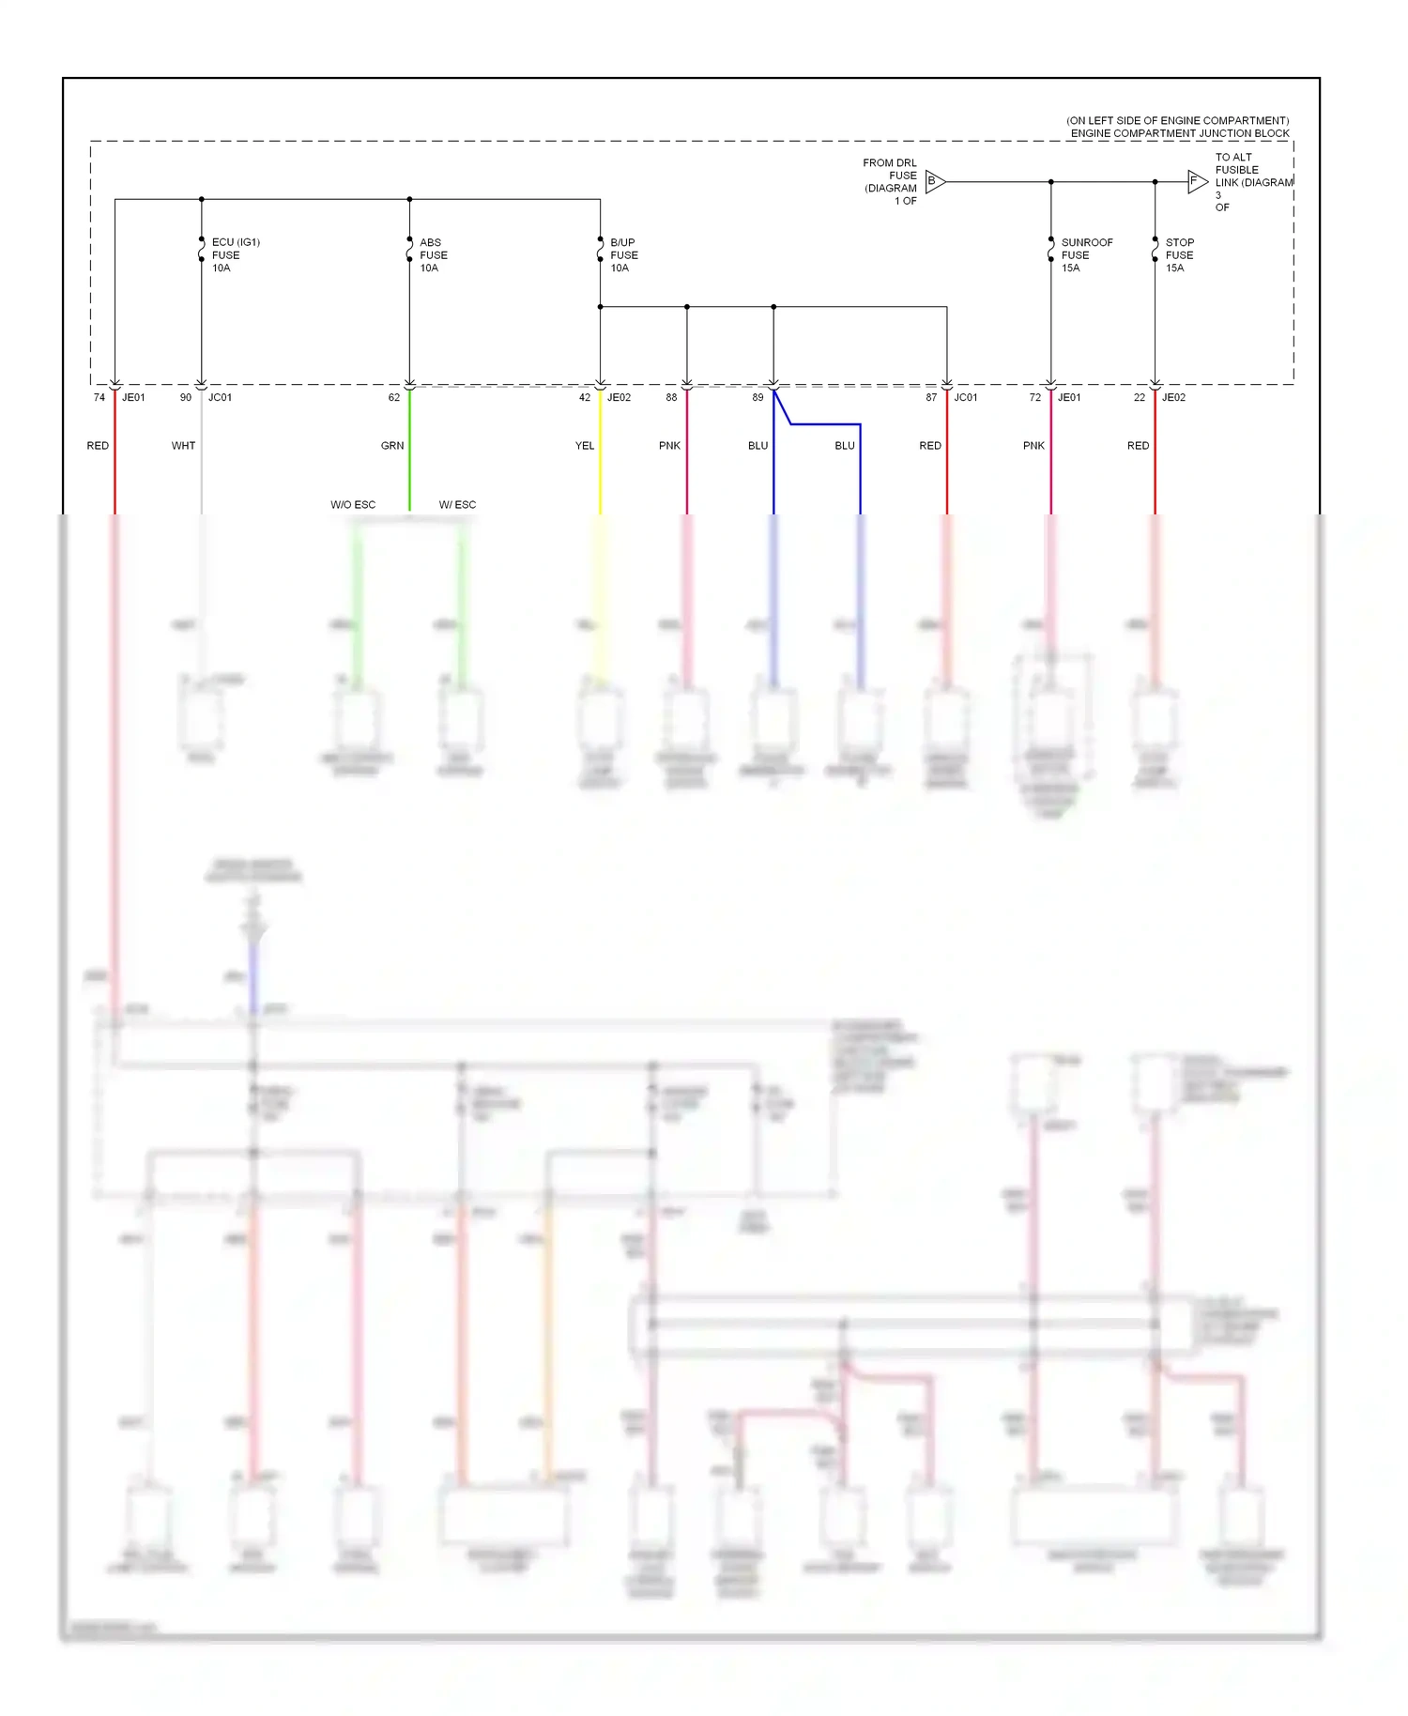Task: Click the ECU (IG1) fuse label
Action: pyautogui.click(x=235, y=254)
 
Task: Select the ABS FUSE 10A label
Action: pyautogui.click(x=433, y=254)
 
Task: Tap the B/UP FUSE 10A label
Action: pyautogui.click(x=623, y=254)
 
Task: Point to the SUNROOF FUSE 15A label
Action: pyautogui.click(x=1086, y=254)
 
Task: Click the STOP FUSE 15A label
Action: pyautogui.click(x=1179, y=254)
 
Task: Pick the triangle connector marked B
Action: pyautogui.click(x=934, y=181)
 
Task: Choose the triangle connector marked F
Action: pyautogui.click(x=1196, y=181)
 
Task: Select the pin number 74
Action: pyautogui.click(x=99, y=397)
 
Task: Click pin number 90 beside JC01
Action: pyautogui.click(x=186, y=397)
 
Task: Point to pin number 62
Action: pyautogui.click(x=394, y=397)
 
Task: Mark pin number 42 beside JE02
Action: pyautogui.click(x=585, y=397)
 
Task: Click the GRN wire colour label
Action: pyautogui.click(x=392, y=446)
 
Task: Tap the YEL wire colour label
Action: pyautogui.click(x=585, y=446)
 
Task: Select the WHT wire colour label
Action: pyautogui.click(x=183, y=446)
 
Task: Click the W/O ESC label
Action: pyautogui.click(x=353, y=505)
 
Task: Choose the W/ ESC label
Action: pyautogui.click(x=457, y=505)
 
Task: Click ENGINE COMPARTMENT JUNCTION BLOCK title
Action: pyautogui.click(x=1180, y=133)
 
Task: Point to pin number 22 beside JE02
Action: pyautogui.click(x=1140, y=397)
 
